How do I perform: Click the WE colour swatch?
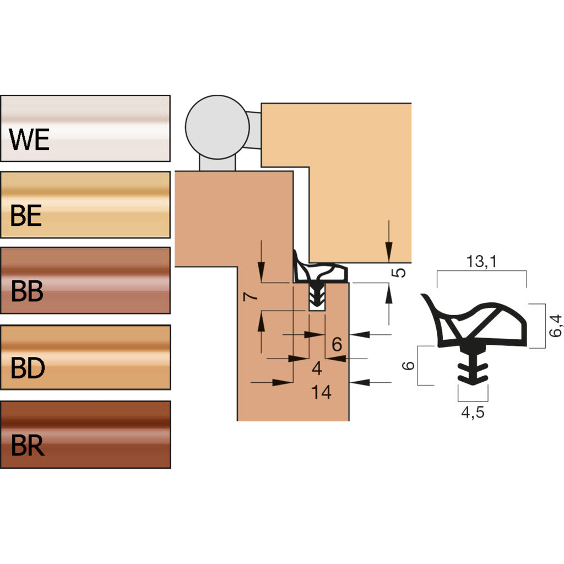85,128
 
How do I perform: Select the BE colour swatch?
85,205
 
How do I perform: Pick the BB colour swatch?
85,280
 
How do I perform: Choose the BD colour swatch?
85,357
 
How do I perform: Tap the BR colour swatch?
85,435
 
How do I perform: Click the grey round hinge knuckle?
215,126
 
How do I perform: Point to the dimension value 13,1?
481,263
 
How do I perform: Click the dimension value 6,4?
557,326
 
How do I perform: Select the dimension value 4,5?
473,413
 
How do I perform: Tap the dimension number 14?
321,393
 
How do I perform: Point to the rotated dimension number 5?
400,272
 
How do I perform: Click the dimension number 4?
316,367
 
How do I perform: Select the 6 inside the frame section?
337,345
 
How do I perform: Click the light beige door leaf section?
358,182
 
